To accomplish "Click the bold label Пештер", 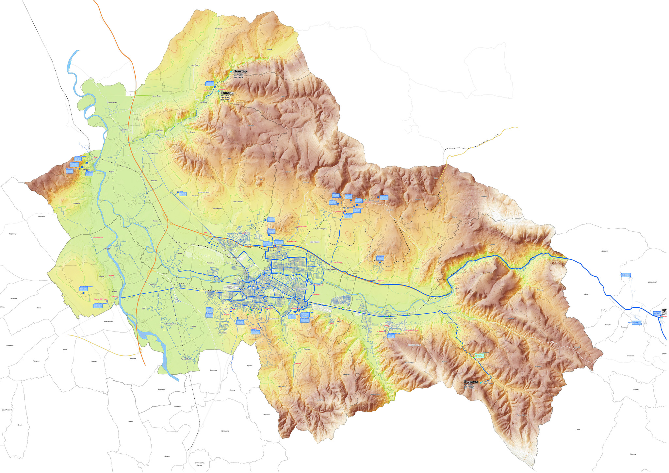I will [x=240, y=71].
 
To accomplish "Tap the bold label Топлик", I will [x=227, y=93].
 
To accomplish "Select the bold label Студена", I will [x=471, y=382].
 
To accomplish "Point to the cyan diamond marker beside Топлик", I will [x=219, y=91].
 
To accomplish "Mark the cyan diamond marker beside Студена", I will [x=481, y=383].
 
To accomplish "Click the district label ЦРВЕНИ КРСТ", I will [x=204, y=192].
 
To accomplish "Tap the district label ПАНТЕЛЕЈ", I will [x=315, y=242].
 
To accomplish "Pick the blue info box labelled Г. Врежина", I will [x=380, y=258].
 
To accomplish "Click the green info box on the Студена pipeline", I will [x=479, y=355].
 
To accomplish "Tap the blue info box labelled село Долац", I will [x=626, y=275].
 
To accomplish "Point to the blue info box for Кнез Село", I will [x=384, y=198].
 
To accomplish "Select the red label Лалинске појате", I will [x=98, y=237].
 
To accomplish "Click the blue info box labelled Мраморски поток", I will [x=84, y=289].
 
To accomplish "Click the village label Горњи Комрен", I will [x=237, y=202].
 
